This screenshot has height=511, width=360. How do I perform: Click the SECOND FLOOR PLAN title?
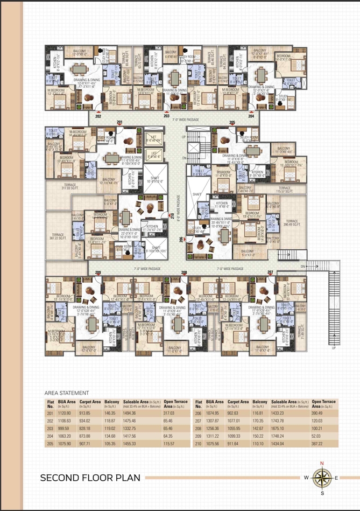tap(90, 477)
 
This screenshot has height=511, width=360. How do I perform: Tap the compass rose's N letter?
tap(321, 463)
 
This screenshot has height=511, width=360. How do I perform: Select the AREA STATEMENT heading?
tap(67, 394)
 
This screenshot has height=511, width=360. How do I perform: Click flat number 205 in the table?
tap(50, 444)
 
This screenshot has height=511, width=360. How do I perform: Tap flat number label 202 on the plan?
tap(98, 116)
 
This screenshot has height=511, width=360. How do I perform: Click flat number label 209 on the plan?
tap(98, 272)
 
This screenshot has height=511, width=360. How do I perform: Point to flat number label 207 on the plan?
tap(270, 272)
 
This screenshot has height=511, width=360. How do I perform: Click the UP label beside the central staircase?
tap(183, 137)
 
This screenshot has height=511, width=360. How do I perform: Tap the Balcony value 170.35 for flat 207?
tap(260, 420)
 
